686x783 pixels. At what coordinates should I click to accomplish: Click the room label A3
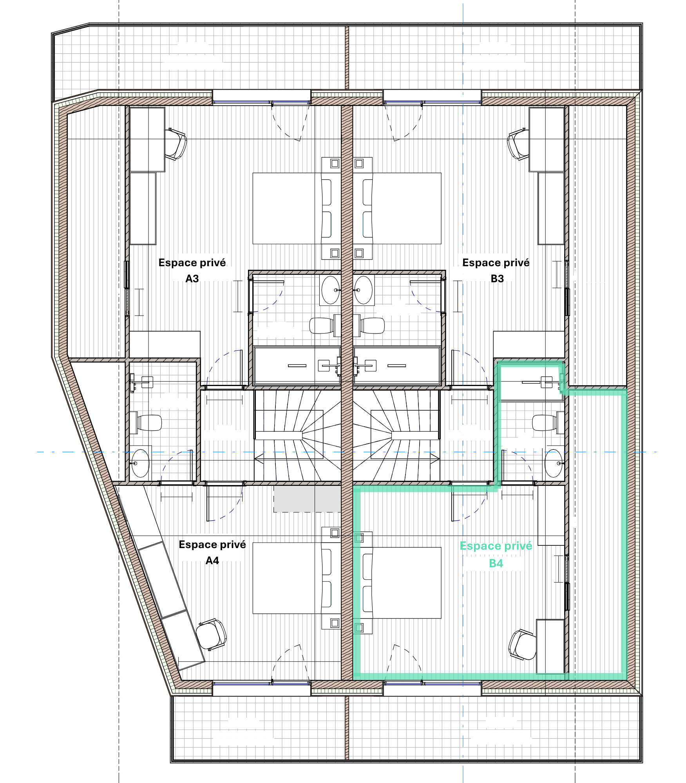(192, 279)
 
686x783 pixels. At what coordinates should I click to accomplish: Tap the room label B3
(497, 279)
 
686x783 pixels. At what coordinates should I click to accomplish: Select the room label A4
(212, 561)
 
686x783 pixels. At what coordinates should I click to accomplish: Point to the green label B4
(496, 563)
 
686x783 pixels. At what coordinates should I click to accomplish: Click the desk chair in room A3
(176, 144)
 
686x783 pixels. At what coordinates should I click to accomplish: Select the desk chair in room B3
(518, 144)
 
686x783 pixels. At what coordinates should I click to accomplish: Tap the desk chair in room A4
(211, 634)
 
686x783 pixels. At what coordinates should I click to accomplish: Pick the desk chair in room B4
(522, 644)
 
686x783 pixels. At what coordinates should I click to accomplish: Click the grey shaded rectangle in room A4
(307, 499)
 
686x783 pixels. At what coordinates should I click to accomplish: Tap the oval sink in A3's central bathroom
(331, 290)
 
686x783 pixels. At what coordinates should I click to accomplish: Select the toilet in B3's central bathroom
(369, 325)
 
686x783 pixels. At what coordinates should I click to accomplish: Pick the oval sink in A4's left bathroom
(140, 464)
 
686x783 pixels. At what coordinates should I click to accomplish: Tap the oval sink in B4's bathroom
(554, 463)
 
